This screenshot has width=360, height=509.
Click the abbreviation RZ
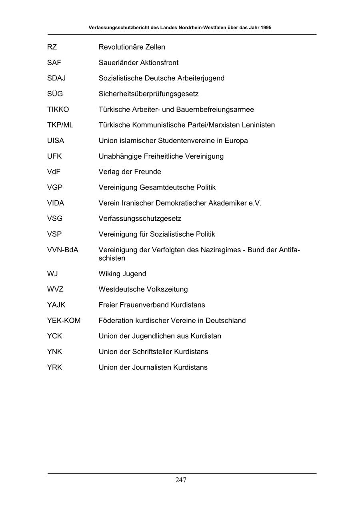(x=52, y=47)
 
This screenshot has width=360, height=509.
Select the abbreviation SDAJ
(x=56, y=78)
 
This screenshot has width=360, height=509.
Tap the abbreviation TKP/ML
(x=60, y=125)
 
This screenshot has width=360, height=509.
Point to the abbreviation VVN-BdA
(x=63, y=250)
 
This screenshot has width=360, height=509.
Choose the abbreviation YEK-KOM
(x=64, y=321)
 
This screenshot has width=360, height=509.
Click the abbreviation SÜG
(x=55, y=94)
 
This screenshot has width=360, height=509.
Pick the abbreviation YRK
(x=54, y=367)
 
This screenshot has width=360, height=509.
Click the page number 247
(x=181, y=480)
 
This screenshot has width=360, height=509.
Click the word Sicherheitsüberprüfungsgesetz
(x=149, y=94)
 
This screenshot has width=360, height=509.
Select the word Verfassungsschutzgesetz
(x=140, y=219)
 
